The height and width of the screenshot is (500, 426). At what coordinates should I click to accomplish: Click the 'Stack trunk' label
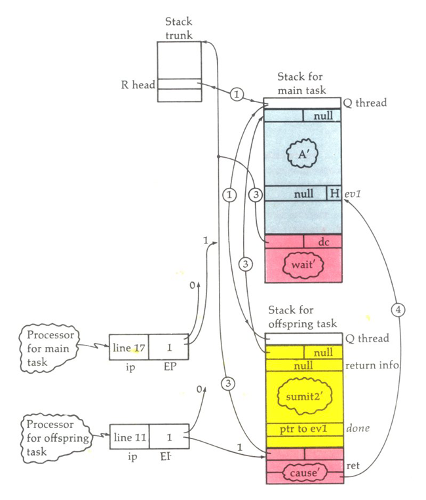[x=180, y=29]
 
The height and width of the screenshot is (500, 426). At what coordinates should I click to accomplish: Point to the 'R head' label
[x=134, y=84]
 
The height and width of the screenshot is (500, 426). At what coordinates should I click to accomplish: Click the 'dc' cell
[x=323, y=241]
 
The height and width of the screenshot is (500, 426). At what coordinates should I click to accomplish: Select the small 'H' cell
[x=334, y=194]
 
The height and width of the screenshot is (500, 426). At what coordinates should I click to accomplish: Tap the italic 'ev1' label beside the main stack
[x=354, y=194]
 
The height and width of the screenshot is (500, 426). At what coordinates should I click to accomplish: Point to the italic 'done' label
[x=357, y=429]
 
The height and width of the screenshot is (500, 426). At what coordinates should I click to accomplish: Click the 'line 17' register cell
[x=128, y=347]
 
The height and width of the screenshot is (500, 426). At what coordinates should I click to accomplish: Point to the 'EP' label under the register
[x=168, y=368]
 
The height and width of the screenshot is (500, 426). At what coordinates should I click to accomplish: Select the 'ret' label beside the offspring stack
[x=352, y=466]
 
